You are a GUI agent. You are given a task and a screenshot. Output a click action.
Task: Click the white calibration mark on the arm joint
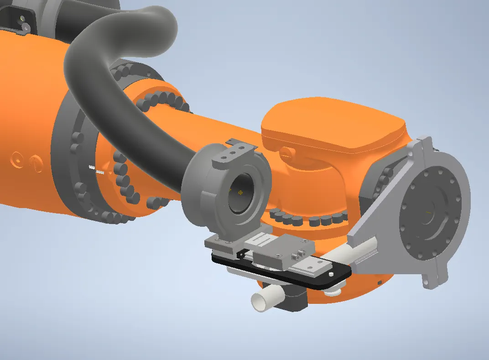[x=97, y=170]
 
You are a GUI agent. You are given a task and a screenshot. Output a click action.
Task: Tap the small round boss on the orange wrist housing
[x=286, y=151]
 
